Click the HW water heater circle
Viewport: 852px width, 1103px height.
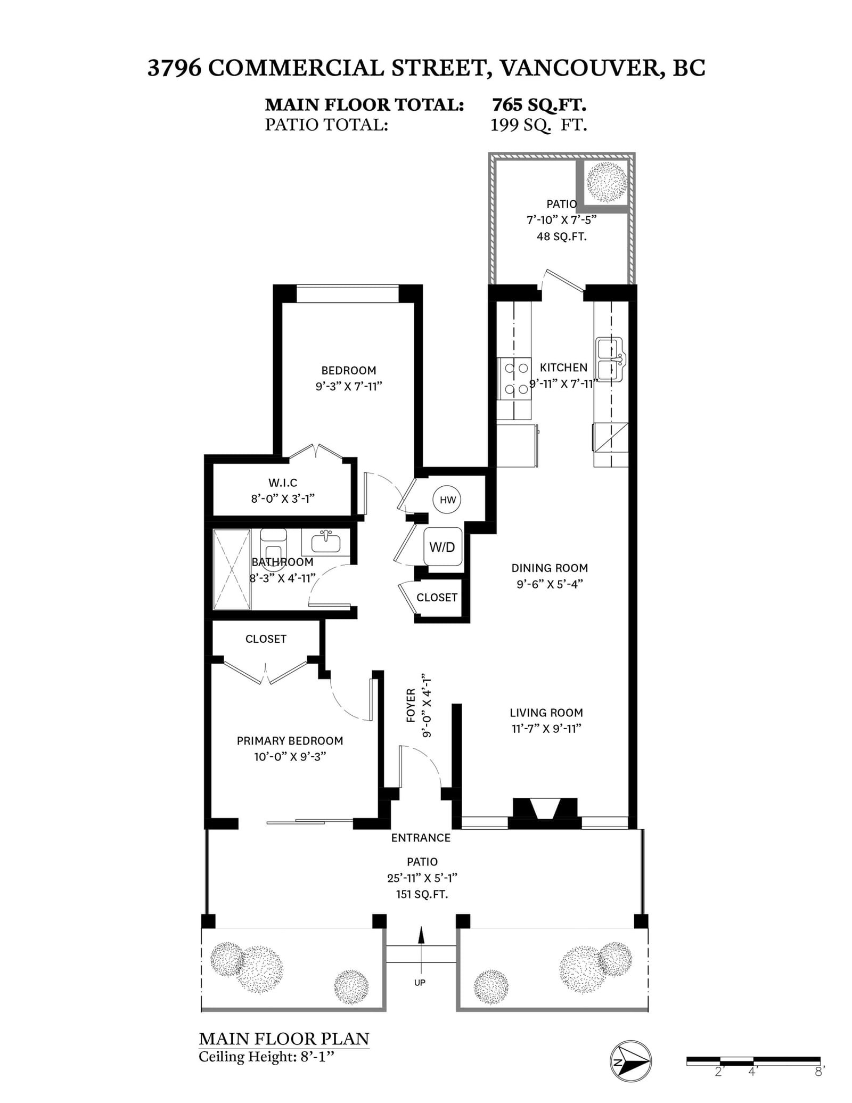click(x=447, y=500)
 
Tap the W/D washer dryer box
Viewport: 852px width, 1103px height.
click(x=443, y=546)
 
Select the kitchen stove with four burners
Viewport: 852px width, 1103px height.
click(x=515, y=378)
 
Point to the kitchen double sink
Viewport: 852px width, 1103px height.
click(x=610, y=360)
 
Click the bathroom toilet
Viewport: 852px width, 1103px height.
click(x=273, y=549)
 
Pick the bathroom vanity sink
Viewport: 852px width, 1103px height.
click(x=325, y=542)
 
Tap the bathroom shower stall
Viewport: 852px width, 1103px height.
click(x=232, y=569)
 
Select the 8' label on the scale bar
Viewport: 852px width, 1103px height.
click(x=819, y=1072)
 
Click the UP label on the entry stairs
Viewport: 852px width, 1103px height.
click(x=420, y=983)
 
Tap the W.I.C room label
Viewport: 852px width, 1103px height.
click(x=283, y=483)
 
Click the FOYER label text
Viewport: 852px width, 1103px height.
click(x=411, y=705)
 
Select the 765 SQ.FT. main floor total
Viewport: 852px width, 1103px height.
click(x=539, y=104)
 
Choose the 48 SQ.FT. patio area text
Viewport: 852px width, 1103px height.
click(x=561, y=236)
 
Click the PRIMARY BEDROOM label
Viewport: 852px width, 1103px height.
click(x=290, y=740)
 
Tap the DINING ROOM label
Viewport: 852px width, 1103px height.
click(x=550, y=568)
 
